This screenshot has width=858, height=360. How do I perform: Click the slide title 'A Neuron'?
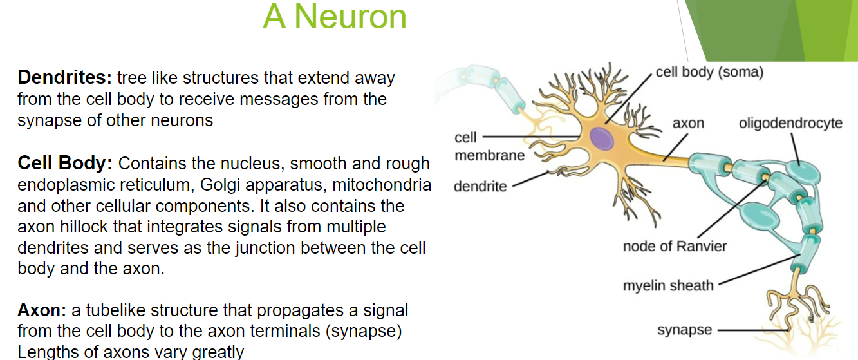tap(335, 17)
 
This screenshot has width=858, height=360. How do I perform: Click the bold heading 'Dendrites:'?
tap(65, 78)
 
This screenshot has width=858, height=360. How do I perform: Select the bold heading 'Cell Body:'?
tap(65, 164)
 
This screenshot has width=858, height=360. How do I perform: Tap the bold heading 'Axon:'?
tap(42, 310)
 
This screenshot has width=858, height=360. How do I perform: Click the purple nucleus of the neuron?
tap(602, 138)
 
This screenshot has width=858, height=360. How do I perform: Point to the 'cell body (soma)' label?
tap(709, 71)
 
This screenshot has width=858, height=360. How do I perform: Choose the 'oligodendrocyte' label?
tap(790, 123)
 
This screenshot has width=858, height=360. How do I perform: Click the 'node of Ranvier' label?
tap(675, 246)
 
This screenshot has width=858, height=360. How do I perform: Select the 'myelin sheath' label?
tap(668, 285)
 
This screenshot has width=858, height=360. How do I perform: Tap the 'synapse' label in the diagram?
tap(684, 330)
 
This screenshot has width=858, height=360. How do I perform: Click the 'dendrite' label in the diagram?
tap(480, 187)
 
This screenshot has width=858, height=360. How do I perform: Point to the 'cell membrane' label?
tap(489, 146)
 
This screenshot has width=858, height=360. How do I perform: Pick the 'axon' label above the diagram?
tap(688, 123)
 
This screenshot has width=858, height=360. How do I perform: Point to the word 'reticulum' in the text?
tap(151, 185)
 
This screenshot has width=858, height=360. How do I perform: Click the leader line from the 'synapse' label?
tap(753, 330)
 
